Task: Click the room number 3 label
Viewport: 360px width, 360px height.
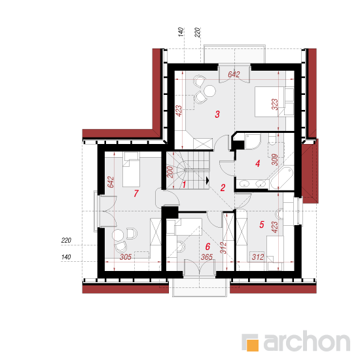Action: point(217,114)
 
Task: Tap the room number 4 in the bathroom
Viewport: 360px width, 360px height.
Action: point(258,164)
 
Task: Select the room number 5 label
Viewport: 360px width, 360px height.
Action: point(262,225)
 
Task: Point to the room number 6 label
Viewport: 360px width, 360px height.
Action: point(207,247)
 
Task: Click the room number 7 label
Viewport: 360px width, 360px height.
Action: point(136,193)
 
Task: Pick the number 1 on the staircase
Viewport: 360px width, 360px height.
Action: point(184,185)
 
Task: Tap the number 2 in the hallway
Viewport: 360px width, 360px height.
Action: point(223,188)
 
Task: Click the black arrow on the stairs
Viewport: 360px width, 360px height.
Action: point(207,181)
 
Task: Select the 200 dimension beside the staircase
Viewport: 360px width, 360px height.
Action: point(170,172)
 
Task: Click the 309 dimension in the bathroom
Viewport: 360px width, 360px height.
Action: point(275,160)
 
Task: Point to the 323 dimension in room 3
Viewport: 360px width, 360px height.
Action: point(275,105)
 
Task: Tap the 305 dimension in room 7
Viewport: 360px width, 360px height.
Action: point(126,257)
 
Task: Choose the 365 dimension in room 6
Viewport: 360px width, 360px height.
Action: point(207,257)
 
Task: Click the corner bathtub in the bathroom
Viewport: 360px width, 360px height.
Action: point(282,178)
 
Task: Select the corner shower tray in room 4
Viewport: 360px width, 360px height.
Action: point(253,141)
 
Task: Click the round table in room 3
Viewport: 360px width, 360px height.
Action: point(210,91)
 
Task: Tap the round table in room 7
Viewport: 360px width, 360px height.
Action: point(118,235)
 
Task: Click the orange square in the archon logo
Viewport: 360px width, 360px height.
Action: point(252,345)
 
